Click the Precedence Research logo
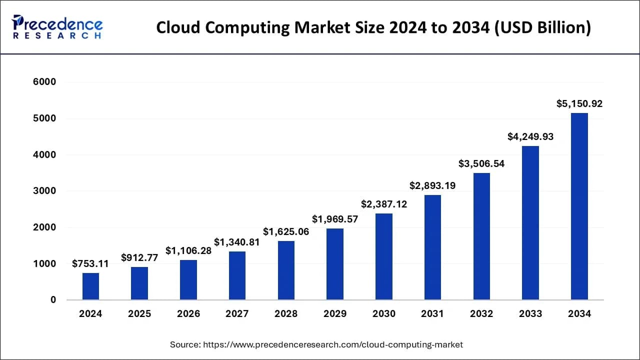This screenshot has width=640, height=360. click(57, 27)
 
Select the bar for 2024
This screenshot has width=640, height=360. click(90, 286)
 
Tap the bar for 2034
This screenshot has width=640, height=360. click(579, 206)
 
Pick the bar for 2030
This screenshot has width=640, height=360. click(384, 256)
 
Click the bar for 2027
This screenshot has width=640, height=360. click(237, 275)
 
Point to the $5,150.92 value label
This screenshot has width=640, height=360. click(579, 104)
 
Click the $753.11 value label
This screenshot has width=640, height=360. click(90, 263)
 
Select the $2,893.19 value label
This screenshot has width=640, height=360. click(432, 185)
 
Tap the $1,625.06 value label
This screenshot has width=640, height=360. click(286, 231)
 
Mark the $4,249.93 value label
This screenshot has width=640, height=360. click(530, 136)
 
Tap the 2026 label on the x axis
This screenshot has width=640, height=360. click(188, 314)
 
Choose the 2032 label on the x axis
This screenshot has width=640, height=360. click(481, 314)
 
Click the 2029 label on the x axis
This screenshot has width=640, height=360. click(335, 314)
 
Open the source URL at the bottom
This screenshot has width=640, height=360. click(332, 344)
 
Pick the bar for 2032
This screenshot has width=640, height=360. click(481, 236)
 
